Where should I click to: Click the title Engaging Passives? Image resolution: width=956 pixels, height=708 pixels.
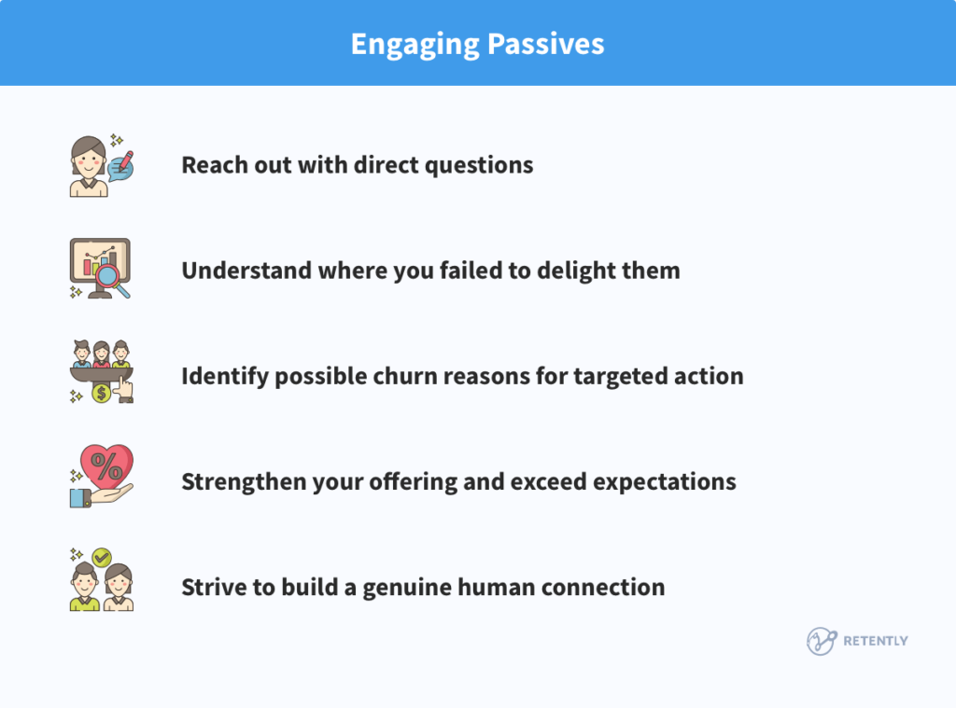(477, 44)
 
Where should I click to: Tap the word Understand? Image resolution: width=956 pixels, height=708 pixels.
(237, 271)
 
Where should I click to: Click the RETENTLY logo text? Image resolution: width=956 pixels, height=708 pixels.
(875, 641)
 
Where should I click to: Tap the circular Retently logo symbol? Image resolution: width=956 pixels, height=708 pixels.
(821, 641)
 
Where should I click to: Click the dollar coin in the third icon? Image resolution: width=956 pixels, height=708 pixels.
(101, 394)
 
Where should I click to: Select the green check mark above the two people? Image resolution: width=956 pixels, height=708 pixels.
(102, 557)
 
